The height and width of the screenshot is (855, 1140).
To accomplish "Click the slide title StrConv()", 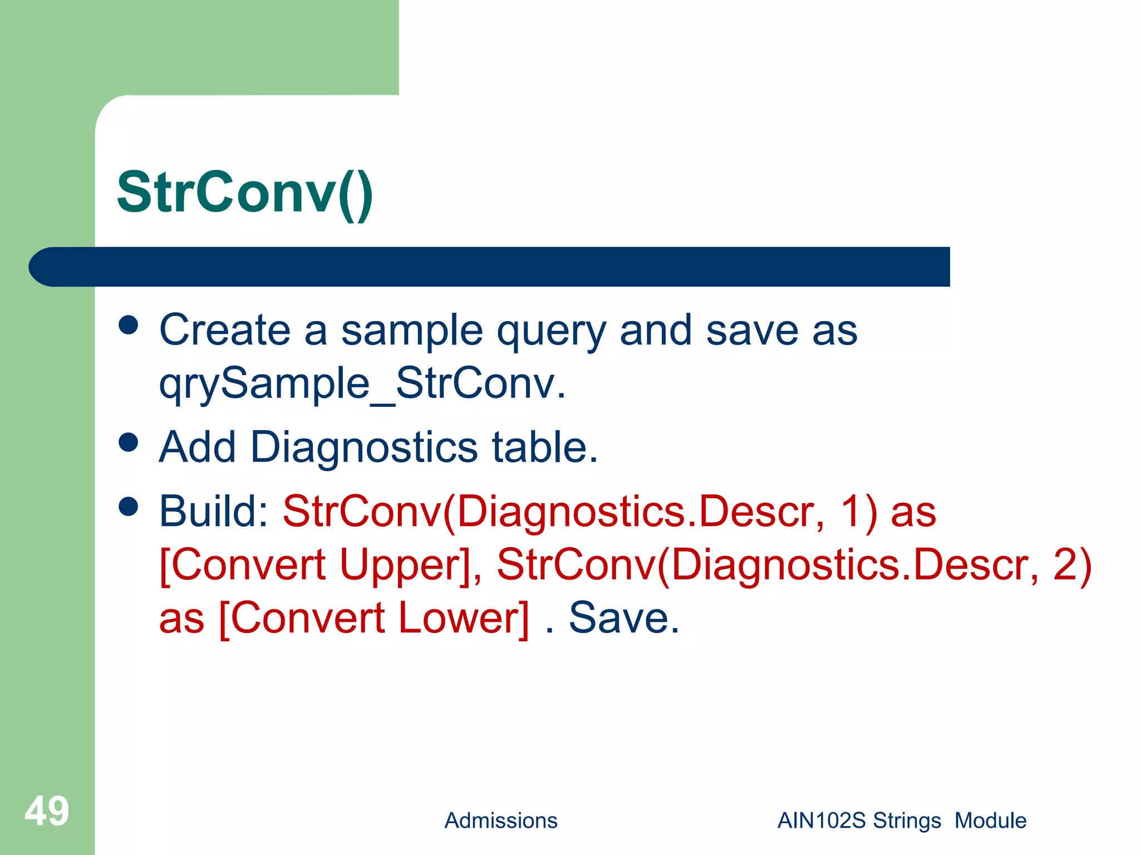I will [x=245, y=193].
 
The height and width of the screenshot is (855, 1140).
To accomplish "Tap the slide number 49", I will [x=47, y=812].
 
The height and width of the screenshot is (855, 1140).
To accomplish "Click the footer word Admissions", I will [x=500, y=821].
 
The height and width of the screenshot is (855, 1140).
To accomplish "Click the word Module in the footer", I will [x=990, y=821].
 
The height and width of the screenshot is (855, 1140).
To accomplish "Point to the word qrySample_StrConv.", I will [x=362, y=384].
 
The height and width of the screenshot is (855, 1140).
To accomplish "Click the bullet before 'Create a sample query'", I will [x=129, y=326].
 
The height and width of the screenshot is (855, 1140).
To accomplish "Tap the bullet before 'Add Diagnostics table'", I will [x=129, y=443].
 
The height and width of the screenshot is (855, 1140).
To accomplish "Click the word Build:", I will [x=214, y=511].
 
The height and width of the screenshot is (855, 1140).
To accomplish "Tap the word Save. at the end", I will [x=623, y=618].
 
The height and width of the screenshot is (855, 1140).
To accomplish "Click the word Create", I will [x=225, y=331].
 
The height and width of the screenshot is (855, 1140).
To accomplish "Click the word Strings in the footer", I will [x=907, y=821].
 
